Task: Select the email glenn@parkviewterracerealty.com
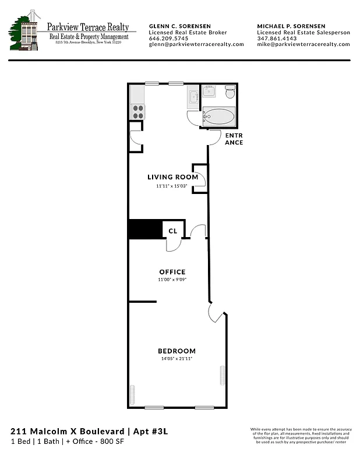click(x=196, y=44)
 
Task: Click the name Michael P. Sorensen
click(x=292, y=27)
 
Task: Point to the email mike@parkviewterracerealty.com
click(x=303, y=44)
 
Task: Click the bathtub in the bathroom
click(x=220, y=116)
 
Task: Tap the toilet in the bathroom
click(x=230, y=92)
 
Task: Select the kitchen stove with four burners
click(x=137, y=111)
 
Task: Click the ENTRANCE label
click(x=234, y=139)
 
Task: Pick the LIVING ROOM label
click(x=168, y=177)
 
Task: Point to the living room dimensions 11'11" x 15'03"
click(x=168, y=186)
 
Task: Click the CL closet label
click(x=172, y=231)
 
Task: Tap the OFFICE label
click(x=172, y=272)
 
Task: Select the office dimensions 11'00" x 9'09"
click(x=172, y=280)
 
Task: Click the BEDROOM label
click(x=177, y=351)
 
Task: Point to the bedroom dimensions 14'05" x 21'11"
click(x=177, y=359)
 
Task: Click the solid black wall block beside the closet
click(x=144, y=229)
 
